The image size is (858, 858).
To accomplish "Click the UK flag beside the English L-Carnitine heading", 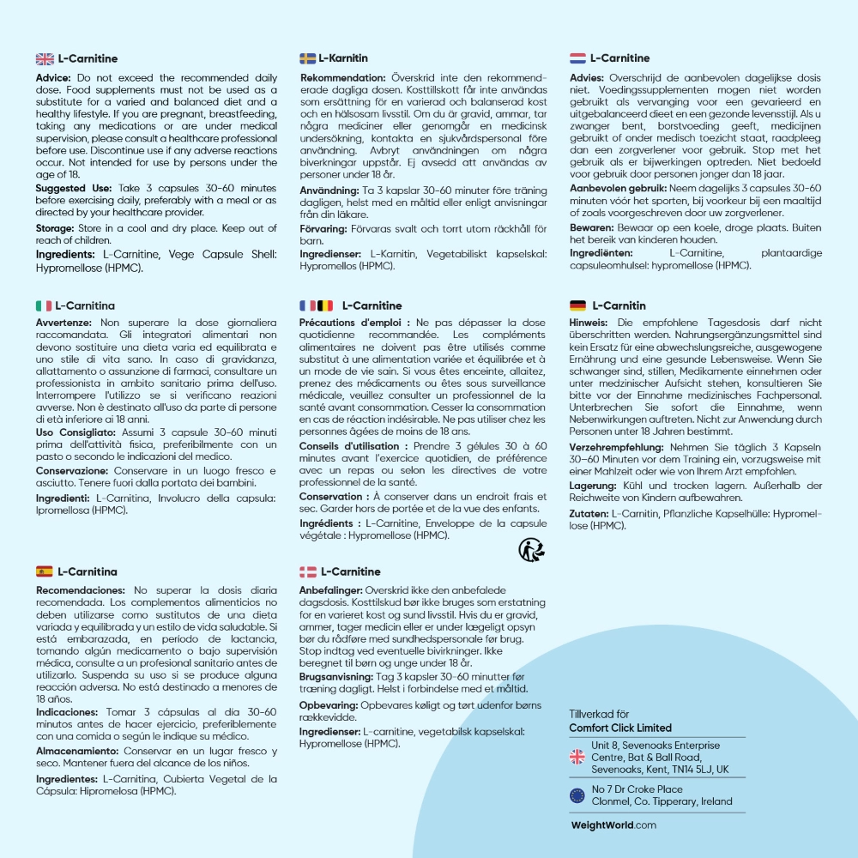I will coord(45,58).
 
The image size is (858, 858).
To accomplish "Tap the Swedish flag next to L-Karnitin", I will coord(307,58).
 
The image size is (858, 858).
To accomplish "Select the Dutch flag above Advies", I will coord(577,58).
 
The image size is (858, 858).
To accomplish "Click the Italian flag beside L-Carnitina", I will coord(43,305).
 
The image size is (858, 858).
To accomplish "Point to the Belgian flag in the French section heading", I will coord(325,305).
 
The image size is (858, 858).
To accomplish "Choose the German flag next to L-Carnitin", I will coord(577,305).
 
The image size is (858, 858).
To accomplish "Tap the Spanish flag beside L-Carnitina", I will coord(45,571).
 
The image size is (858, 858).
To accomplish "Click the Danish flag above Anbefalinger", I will coord(307,571).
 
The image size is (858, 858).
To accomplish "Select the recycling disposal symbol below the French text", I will coord(531,548).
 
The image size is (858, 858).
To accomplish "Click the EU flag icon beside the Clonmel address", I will coord(577,795).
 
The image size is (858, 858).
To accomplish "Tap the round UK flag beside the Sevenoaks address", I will coord(577,757).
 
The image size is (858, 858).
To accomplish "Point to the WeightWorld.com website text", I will coord(613,825).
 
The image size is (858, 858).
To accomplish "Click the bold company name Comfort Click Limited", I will coord(620,728).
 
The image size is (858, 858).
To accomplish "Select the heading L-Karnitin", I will coord(343,58).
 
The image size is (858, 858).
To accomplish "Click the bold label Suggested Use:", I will coord(72,186).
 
